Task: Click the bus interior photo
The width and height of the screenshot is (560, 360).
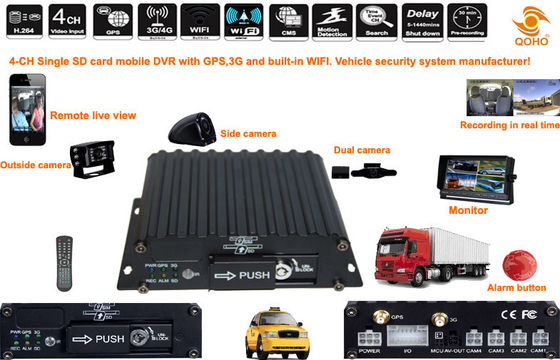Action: coord(505,96)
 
